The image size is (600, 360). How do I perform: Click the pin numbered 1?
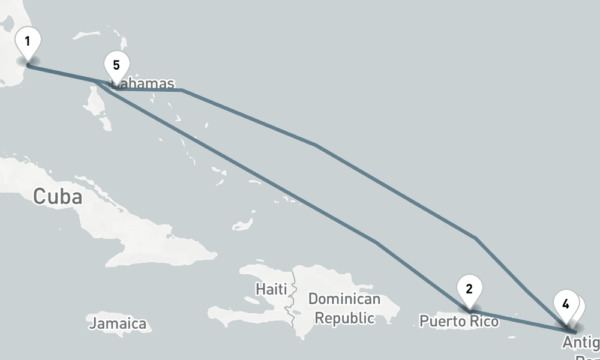click(x=28, y=43)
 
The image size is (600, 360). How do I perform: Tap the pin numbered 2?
click(x=469, y=289)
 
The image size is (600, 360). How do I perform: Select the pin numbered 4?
click(x=566, y=304)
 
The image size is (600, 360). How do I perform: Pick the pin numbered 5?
click(x=116, y=65)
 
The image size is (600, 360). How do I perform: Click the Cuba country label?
click(x=58, y=196)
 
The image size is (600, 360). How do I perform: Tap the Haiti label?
click(x=268, y=289)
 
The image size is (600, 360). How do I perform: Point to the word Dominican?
click(x=344, y=299)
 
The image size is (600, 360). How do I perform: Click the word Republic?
click(x=346, y=317)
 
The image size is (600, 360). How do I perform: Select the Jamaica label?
click(x=118, y=324)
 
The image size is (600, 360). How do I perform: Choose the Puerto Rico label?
click(x=458, y=322)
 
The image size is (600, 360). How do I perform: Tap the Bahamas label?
click(x=144, y=84)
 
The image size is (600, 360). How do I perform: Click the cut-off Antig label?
click(x=580, y=343)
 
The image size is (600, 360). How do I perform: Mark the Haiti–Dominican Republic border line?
click(x=293, y=300)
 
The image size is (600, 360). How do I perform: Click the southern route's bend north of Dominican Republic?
click(x=376, y=242)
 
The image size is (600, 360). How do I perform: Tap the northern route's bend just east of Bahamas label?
click(x=182, y=91)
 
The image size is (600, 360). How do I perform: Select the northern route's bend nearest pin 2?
click(x=476, y=238)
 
